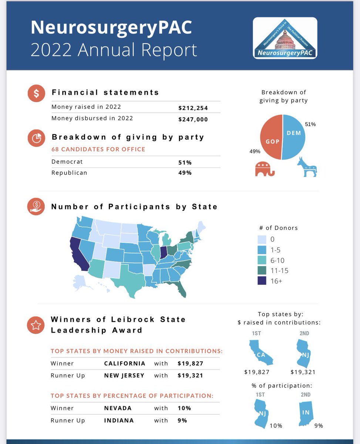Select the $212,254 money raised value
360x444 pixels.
point(193,108)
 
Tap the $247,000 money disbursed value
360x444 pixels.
point(193,119)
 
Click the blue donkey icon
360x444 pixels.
point(307,167)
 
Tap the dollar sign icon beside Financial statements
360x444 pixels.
point(36,93)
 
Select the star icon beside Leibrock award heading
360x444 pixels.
point(36,325)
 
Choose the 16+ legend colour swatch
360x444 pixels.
point(262,281)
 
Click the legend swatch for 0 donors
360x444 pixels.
point(262,239)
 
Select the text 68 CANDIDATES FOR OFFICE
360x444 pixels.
point(98,149)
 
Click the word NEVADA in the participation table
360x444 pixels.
point(118,408)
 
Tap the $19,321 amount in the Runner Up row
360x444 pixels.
point(190,375)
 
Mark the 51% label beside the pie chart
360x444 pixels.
point(310,124)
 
